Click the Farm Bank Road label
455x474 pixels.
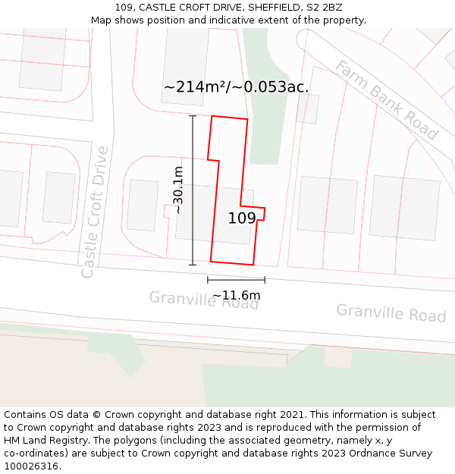tap(387, 100)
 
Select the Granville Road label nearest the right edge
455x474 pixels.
tap(391, 313)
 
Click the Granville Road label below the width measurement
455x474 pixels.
tap(203, 300)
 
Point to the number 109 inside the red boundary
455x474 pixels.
tap(242, 218)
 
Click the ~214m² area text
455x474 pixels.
tap(191, 87)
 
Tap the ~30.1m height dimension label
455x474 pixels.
tap(178, 190)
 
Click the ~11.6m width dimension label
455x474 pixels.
tap(236, 295)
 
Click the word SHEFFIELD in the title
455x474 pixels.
tap(264, 8)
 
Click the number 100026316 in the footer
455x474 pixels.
tap(31, 466)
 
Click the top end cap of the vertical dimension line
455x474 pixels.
tap(193, 116)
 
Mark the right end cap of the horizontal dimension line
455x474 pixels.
tap(265, 280)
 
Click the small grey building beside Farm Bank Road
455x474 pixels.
tap(307, 108)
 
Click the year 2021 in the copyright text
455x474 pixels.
tap(292, 414)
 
